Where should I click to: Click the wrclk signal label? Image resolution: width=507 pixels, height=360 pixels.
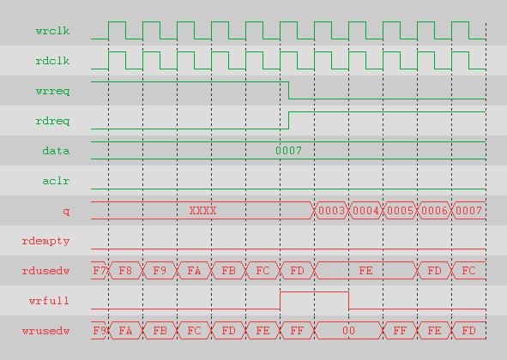[x=52, y=31]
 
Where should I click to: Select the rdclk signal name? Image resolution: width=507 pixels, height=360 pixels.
[x=52, y=61]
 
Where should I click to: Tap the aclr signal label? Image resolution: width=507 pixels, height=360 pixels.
[x=56, y=181]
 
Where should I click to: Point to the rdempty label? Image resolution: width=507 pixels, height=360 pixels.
[x=46, y=242]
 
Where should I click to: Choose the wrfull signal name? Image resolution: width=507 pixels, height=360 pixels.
[x=49, y=301]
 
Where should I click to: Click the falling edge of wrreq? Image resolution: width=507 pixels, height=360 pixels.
[x=289, y=90]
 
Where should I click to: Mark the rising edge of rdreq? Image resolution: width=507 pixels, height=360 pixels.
[x=289, y=120]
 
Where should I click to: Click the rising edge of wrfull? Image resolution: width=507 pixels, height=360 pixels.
[x=280, y=301]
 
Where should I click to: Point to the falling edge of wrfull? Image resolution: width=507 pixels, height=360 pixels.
[x=349, y=301]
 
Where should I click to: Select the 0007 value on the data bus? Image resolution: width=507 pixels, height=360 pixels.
[x=289, y=151]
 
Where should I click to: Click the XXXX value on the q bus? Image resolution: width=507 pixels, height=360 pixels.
[x=202, y=211]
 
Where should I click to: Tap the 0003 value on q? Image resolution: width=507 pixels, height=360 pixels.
[x=332, y=211]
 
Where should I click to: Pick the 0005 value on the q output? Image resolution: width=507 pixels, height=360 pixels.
[x=401, y=211]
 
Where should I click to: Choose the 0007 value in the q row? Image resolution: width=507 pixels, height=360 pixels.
[x=469, y=211]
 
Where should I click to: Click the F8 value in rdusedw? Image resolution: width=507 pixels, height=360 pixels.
[x=125, y=271]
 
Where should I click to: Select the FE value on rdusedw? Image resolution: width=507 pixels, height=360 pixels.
[x=365, y=271]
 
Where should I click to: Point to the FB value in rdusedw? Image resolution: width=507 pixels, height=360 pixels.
[x=228, y=271]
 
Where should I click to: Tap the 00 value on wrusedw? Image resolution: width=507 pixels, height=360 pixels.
[x=349, y=331]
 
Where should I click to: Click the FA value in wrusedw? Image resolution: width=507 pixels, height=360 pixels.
[x=125, y=331]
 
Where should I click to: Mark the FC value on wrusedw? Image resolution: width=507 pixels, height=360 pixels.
[x=195, y=331]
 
